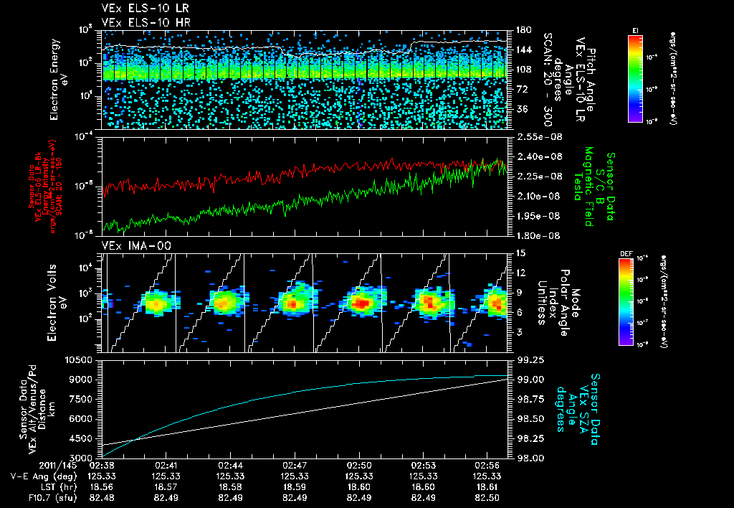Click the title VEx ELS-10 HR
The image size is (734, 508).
(140, 22)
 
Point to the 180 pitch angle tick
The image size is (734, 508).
(522, 30)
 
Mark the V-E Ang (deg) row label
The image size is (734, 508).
(39, 475)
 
